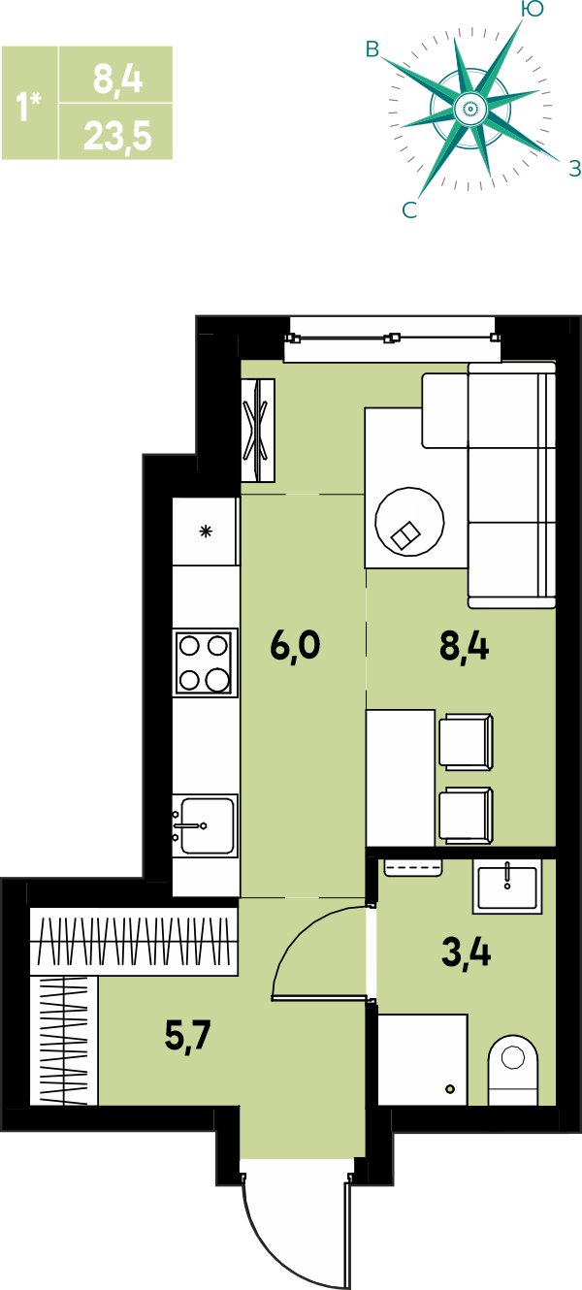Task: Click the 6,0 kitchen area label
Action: (x=294, y=646)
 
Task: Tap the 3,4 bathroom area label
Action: (x=466, y=951)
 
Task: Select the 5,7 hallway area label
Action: (x=188, y=1036)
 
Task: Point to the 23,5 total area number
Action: (x=117, y=137)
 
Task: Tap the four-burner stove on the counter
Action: (x=206, y=662)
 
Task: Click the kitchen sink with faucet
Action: (x=206, y=825)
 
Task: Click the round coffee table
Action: (x=409, y=522)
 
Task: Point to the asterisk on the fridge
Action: (x=206, y=531)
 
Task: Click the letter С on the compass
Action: (x=408, y=210)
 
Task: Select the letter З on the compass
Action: (x=574, y=168)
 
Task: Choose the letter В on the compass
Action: (x=372, y=50)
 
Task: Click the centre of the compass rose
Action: (x=470, y=108)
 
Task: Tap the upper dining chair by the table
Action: (x=467, y=741)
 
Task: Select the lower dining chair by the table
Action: (x=467, y=816)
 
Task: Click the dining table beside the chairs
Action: (x=401, y=778)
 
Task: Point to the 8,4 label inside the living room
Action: (x=464, y=646)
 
